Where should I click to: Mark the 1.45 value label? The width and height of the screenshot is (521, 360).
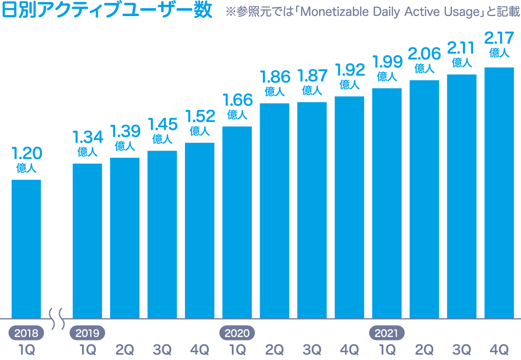[162, 125]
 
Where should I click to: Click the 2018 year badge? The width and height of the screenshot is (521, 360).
[26, 334]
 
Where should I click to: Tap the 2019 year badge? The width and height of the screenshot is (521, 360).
[87, 334]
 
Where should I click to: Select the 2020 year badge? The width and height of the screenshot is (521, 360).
[237, 334]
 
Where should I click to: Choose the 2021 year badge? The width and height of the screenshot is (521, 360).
[387, 334]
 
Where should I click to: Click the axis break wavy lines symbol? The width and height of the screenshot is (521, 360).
[57, 318]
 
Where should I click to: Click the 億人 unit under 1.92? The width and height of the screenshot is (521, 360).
[350, 84]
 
